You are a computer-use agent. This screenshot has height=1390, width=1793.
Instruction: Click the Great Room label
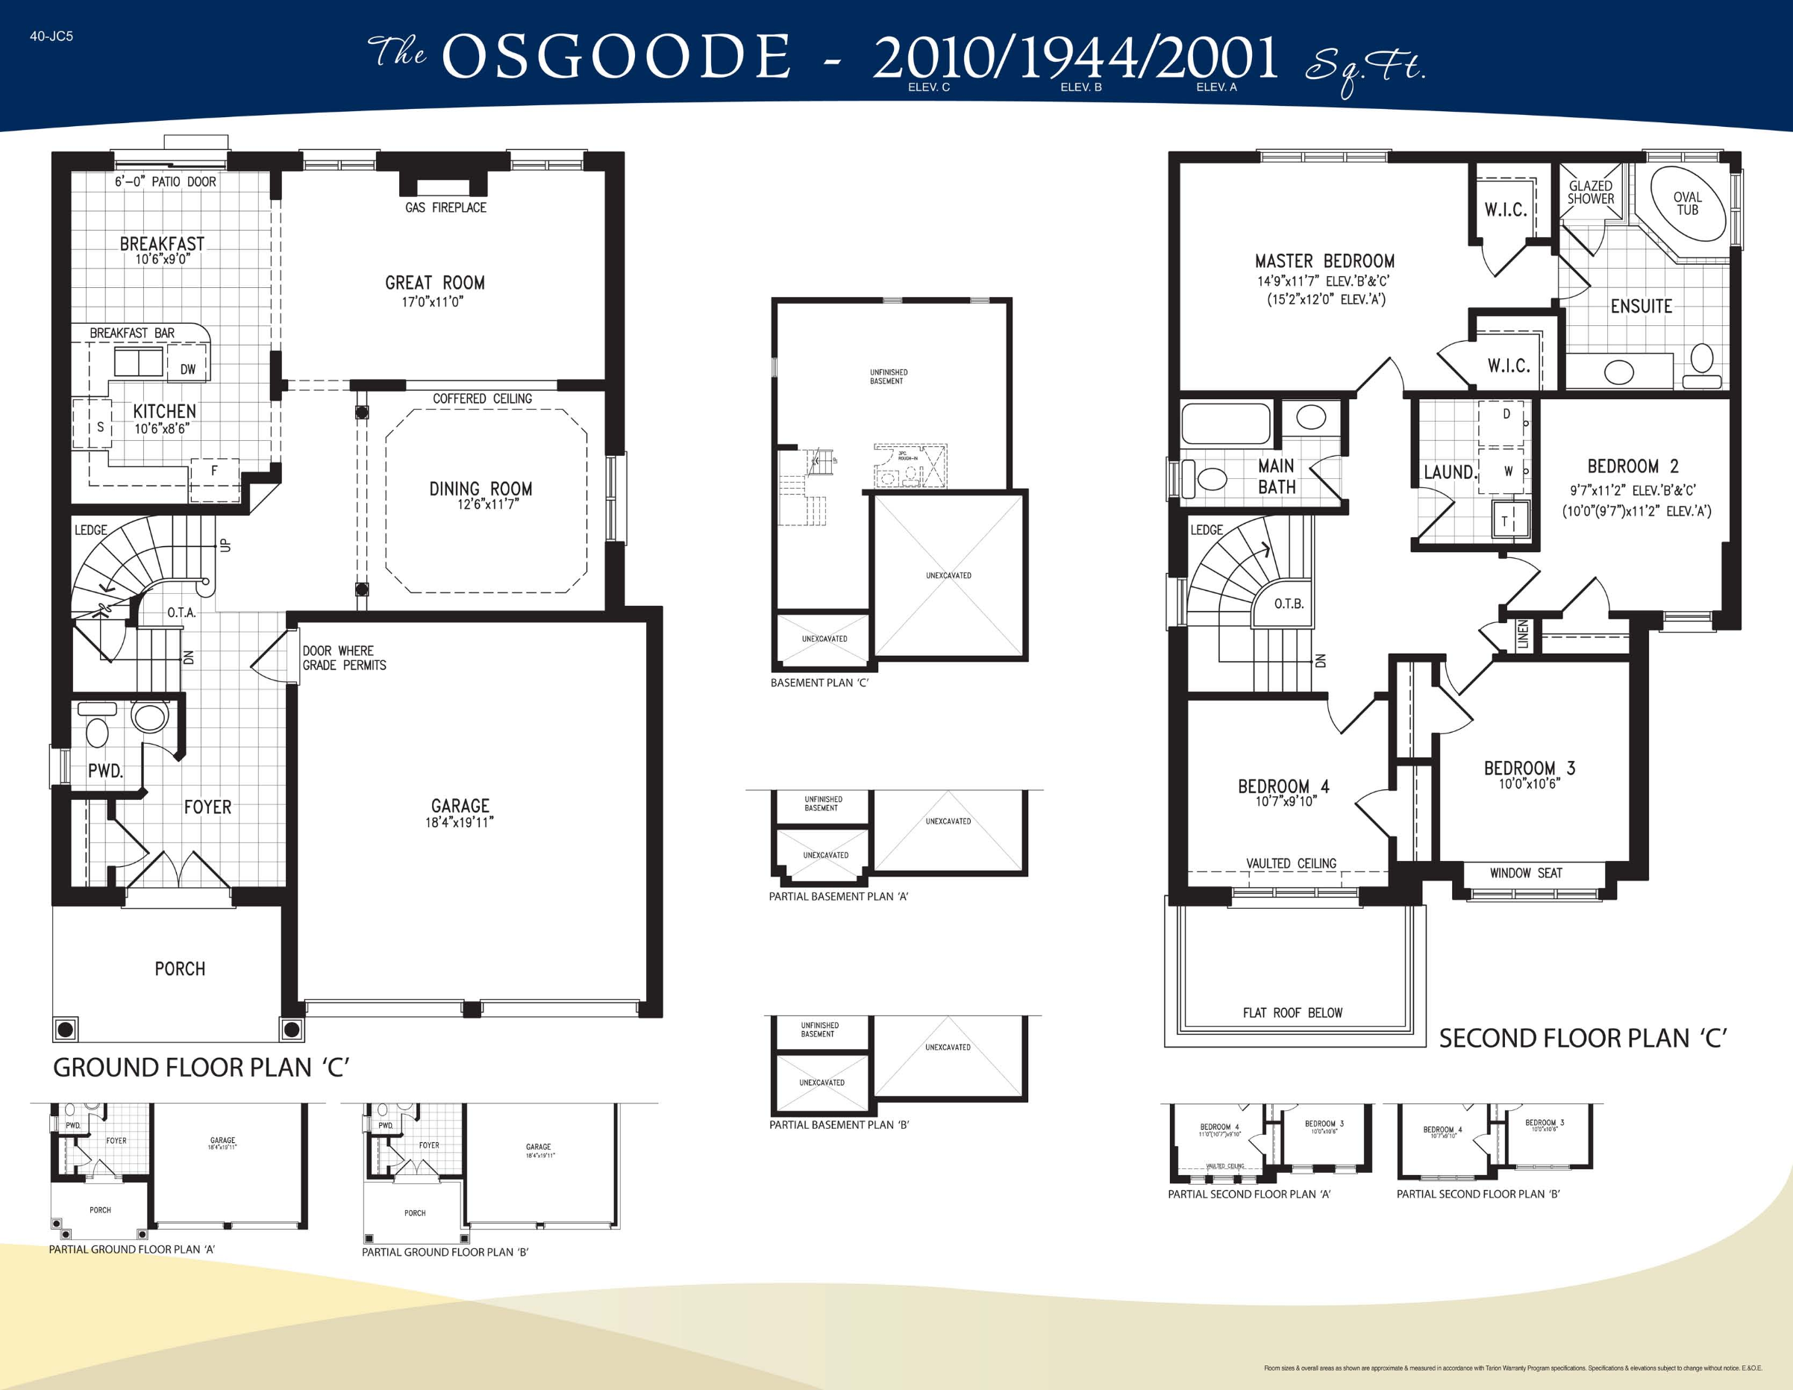click(434, 283)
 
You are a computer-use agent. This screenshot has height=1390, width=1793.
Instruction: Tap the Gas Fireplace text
click(445, 207)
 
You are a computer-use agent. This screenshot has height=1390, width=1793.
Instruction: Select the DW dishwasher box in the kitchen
click(188, 369)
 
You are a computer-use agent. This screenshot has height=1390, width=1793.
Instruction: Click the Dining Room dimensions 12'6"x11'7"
click(488, 504)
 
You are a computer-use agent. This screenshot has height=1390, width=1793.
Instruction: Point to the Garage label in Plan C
click(460, 806)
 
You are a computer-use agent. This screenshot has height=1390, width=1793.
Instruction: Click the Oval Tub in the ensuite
click(1687, 203)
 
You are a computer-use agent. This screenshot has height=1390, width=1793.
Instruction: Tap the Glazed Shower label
click(1590, 192)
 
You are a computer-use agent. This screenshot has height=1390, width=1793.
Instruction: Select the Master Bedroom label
click(1324, 261)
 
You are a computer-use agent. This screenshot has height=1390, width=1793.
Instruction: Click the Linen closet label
click(1523, 635)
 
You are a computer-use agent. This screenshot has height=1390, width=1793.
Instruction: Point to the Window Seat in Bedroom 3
click(1525, 873)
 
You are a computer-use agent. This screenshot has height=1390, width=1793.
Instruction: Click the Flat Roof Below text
click(1292, 1012)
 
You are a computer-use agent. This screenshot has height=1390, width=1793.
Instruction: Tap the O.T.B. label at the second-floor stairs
click(1288, 604)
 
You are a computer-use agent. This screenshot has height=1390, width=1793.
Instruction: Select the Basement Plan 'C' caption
click(819, 682)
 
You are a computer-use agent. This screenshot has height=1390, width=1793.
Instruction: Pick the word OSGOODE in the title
click(616, 57)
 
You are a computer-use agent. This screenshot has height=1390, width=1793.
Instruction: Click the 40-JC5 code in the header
click(51, 36)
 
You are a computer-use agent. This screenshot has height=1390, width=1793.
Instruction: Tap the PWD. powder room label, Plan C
click(105, 770)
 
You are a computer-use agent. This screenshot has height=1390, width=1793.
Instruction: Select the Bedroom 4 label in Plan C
click(1283, 786)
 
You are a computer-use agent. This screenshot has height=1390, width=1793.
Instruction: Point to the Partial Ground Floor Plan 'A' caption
click(131, 1249)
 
